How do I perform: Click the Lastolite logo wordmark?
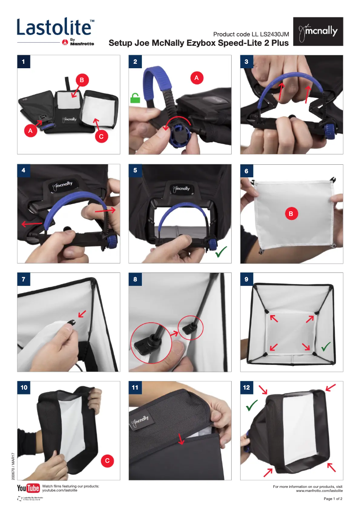click(55, 28)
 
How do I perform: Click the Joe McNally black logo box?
click(318, 31)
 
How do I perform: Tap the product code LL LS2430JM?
click(251, 35)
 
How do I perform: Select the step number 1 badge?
click(23, 61)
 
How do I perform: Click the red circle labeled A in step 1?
click(30, 131)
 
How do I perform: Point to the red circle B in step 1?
click(82, 80)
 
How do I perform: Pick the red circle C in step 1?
click(102, 137)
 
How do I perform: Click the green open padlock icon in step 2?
click(135, 98)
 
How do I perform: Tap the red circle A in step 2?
click(196, 78)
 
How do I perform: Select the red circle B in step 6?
click(291, 214)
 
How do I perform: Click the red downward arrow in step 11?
click(181, 439)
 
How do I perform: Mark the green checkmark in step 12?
click(252, 405)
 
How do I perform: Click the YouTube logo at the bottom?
click(28, 488)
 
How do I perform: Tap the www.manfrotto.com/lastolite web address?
click(319, 491)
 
